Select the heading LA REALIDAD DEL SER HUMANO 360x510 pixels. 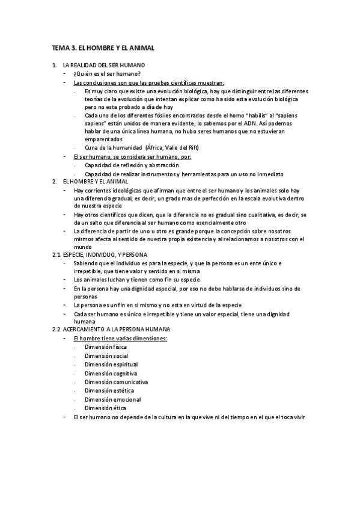pos(103,64)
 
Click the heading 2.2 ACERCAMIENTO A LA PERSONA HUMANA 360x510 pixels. pos(111,330)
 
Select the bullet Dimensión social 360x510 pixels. pos(106,356)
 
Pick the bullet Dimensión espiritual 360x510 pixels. pos(111,364)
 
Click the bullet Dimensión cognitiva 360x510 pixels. pos(111,373)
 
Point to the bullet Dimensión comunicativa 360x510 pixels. pos(116,382)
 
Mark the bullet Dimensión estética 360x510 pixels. pos(109,391)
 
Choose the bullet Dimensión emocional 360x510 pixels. pos(113,399)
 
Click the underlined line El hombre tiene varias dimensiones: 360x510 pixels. pos(120,339)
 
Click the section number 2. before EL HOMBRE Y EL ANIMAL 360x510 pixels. pos(54,182)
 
